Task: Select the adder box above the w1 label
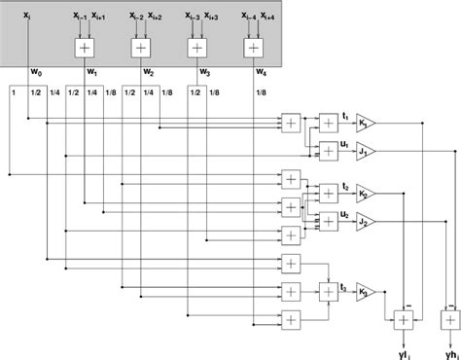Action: (x=86, y=47)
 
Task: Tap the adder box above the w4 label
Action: (x=253, y=47)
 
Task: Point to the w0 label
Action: (x=36, y=72)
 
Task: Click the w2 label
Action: (x=148, y=72)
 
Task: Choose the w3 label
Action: (x=204, y=72)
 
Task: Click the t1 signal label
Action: (x=345, y=116)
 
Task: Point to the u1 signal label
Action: (x=345, y=143)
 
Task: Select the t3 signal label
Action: (x=345, y=283)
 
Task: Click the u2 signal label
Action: (x=345, y=213)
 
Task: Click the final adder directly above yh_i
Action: (x=448, y=318)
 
